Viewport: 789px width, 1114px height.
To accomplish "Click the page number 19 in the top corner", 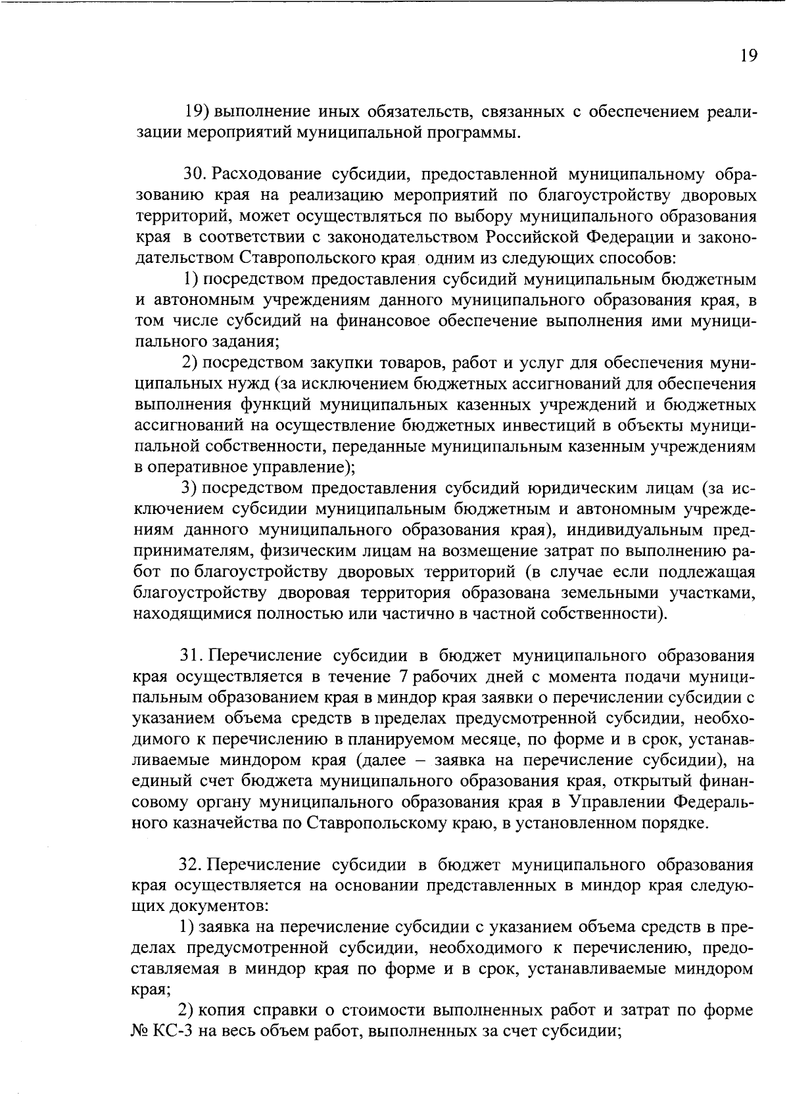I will coord(748,55).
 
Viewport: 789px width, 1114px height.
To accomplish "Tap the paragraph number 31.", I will coord(194,655).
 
